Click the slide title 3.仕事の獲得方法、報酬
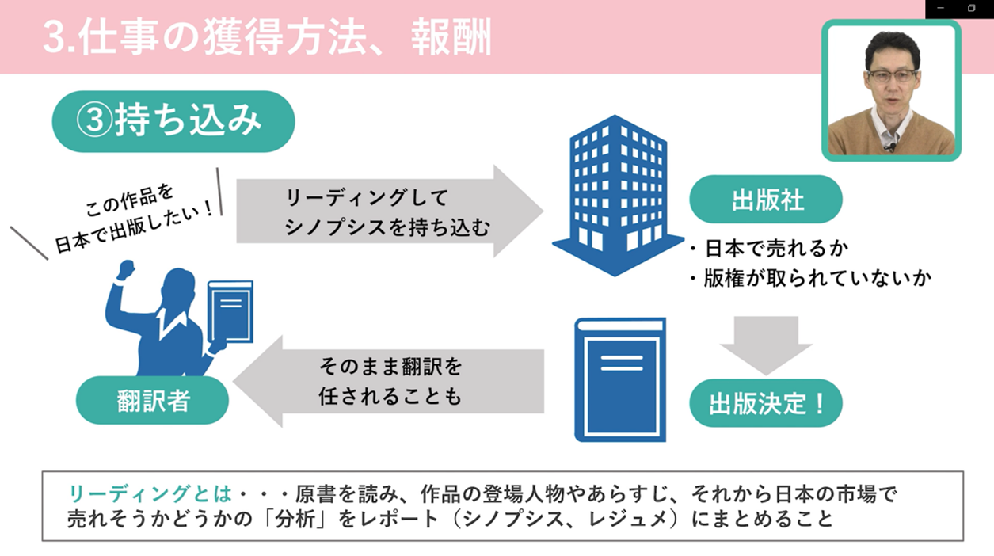(267, 38)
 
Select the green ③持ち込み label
(173, 121)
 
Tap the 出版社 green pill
(765, 200)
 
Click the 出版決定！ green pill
(765, 404)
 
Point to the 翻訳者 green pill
(153, 401)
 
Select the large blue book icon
(620, 379)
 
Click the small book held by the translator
(230, 313)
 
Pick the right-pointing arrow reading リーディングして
(388, 211)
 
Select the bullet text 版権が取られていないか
(816, 278)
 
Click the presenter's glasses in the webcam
(891, 77)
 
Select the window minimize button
(940, 8)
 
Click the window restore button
(971, 8)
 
